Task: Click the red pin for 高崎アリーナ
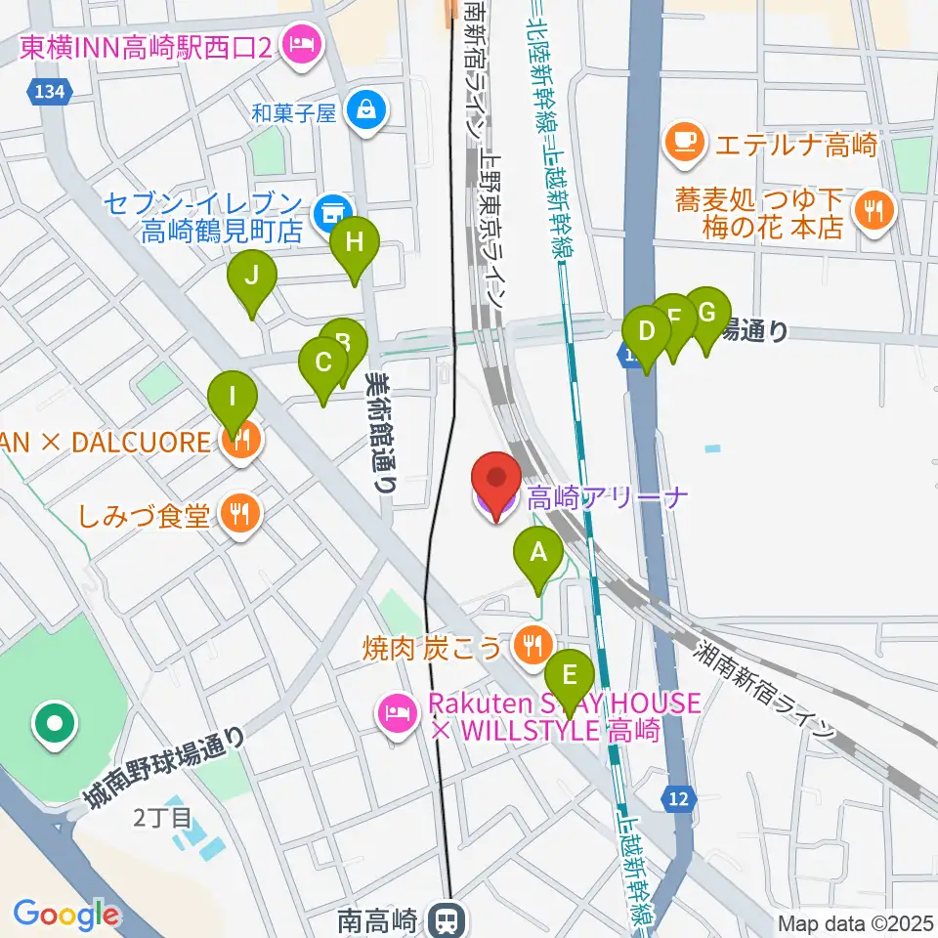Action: coord(495,481)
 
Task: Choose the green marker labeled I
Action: coord(233,399)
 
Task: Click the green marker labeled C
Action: coord(323,363)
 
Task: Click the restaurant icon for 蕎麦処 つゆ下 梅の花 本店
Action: coord(869,210)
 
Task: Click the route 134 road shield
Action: coord(46,92)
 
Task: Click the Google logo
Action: coord(66,914)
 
